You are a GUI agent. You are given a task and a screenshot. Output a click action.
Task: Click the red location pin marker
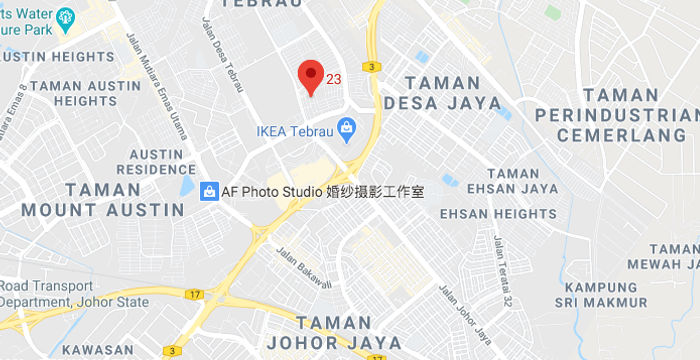pyautogui.click(x=311, y=76)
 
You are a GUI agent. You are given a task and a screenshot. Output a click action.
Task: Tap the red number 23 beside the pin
pyautogui.click(x=334, y=78)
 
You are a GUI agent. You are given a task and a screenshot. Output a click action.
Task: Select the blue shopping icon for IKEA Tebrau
pyautogui.click(x=346, y=129)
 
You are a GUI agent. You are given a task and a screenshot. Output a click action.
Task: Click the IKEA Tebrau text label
pyautogui.click(x=294, y=130)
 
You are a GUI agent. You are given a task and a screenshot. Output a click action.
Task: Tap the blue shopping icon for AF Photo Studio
pyautogui.click(x=210, y=190)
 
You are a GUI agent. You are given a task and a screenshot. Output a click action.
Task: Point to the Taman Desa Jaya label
pyautogui.click(x=445, y=92)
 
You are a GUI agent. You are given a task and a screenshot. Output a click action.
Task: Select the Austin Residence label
pyautogui.click(x=155, y=161)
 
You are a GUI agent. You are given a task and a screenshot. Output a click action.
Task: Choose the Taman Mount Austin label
pyautogui.click(x=103, y=200)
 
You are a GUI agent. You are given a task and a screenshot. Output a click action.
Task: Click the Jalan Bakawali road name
pyautogui.click(x=303, y=267)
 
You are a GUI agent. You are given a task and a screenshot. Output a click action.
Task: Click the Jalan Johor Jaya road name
pyautogui.click(x=464, y=310)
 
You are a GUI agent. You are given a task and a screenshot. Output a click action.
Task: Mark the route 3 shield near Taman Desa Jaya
pyautogui.click(x=371, y=66)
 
